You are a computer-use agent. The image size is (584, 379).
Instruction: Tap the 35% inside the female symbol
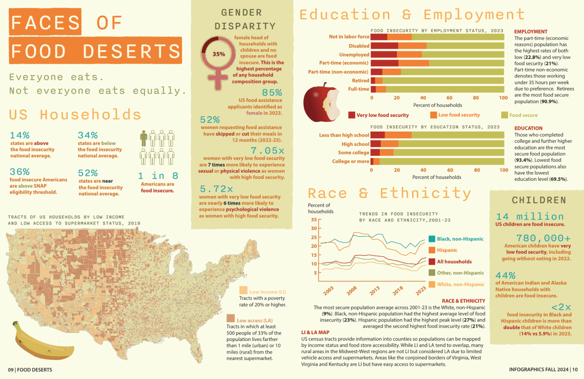(219, 54)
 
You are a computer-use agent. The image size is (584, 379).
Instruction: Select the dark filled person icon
(143, 139)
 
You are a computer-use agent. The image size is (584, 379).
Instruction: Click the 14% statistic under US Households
(20, 135)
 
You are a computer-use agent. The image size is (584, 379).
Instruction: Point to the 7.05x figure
(267, 151)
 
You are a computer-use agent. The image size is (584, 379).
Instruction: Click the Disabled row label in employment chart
(359, 46)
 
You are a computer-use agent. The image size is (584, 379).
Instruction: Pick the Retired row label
(360, 80)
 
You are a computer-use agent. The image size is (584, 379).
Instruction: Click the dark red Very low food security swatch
(352, 115)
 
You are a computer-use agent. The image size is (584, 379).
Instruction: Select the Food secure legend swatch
(505, 115)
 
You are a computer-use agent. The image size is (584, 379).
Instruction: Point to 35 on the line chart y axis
(314, 220)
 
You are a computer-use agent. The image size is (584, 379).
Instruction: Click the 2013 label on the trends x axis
(375, 291)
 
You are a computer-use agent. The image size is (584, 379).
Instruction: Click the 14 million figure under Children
(530, 217)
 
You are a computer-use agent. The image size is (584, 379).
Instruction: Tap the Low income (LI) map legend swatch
(243, 291)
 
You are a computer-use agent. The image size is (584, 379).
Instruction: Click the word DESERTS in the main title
(132, 51)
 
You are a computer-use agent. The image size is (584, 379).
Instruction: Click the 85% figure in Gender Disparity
(272, 92)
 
